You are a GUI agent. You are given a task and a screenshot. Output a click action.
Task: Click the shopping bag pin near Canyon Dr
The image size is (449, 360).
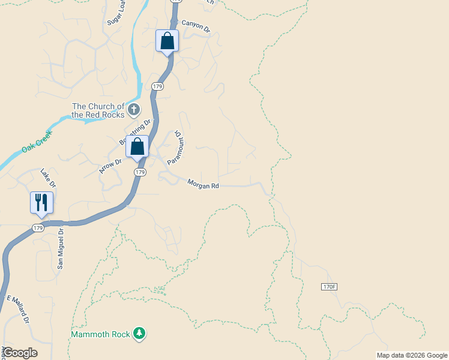tap(167, 41)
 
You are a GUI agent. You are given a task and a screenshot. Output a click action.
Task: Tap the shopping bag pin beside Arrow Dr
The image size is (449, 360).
tap(137, 146)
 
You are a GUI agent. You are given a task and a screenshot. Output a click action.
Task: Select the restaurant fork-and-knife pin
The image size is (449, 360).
tap(41, 203)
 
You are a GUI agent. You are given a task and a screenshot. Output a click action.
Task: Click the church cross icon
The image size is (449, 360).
tap(133, 110)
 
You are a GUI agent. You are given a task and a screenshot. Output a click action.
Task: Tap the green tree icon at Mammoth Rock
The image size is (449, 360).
tap(139, 333)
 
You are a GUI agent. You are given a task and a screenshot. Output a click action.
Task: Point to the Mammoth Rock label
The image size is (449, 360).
tap(100, 334)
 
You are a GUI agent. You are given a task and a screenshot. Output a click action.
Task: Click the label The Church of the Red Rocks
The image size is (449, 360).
tap(98, 110)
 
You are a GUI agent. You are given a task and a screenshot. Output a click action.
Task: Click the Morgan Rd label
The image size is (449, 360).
tap(203, 185)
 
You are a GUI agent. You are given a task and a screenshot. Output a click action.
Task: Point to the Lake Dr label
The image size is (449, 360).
tap(48, 178)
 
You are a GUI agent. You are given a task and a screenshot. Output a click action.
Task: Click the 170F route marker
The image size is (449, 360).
tap(328, 287)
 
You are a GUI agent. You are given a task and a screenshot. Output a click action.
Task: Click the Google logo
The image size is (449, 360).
tap(19, 353)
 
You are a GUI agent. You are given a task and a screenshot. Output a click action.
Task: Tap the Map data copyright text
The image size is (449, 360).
tap(412, 355)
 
